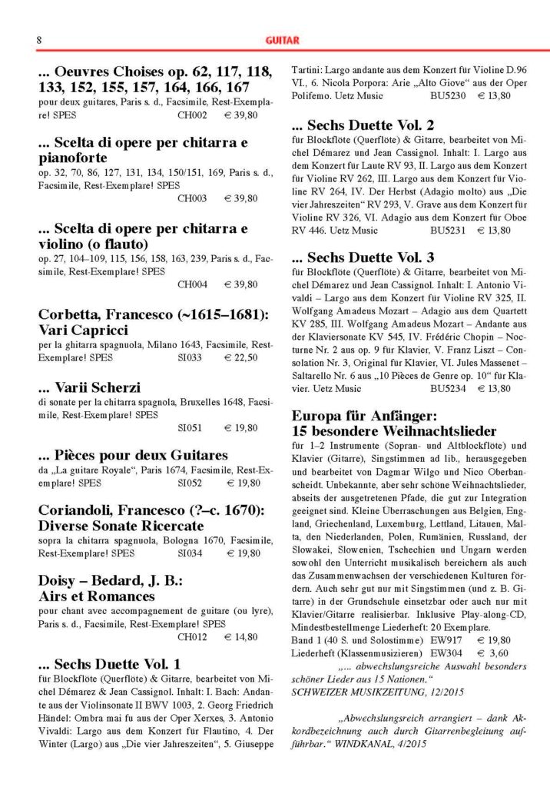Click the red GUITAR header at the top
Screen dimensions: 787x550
pyautogui.click(x=282, y=39)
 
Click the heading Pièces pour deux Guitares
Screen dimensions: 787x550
pyautogui.click(x=132, y=454)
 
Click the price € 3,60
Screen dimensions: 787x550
pyautogui.click(x=493, y=653)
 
